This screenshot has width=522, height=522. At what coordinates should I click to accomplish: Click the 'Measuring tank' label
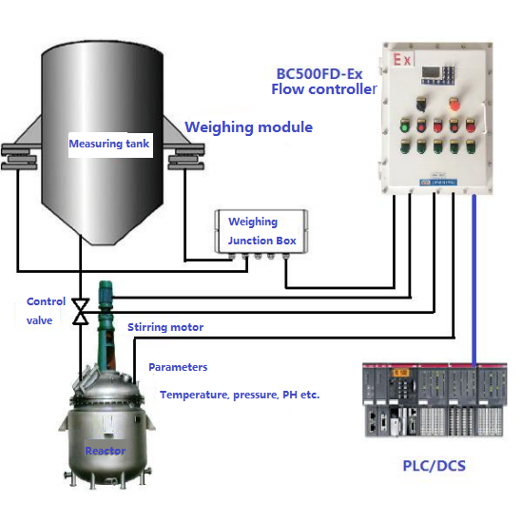click(x=108, y=144)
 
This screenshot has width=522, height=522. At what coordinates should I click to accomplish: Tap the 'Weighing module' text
click(x=249, y=127)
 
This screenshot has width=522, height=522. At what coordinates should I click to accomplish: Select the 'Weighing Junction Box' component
click(x=261, y=232)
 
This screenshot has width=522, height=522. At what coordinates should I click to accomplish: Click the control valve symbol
click(x=81, y=312)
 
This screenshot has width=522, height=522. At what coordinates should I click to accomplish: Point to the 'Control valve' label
click(x=46, y=311)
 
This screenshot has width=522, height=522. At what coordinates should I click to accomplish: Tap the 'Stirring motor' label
click(x=165, y=327)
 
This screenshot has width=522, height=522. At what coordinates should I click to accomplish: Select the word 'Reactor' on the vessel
click(x=106, y=451)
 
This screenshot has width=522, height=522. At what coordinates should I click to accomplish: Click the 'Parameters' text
click(x=178, y=367)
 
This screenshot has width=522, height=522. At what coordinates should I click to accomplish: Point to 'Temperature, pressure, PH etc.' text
click(x=240, y=395)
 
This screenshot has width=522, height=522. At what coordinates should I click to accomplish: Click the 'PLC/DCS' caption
click(x=435, y=466)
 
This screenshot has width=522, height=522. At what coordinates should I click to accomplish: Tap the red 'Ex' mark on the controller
click(x=402, y=60)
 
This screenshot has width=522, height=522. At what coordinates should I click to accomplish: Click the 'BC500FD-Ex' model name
click(x=319, y=74)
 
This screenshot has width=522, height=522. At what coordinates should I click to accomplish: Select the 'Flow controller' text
click(x=324, y=89)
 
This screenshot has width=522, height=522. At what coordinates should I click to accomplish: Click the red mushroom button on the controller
click(x=454, y=105)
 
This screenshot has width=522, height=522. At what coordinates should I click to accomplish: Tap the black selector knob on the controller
click(x=421, y=104)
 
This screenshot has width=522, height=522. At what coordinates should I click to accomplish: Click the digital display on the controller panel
click(x=432, y=72)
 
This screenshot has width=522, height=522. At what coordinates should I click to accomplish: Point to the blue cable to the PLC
click(x=474, y=280)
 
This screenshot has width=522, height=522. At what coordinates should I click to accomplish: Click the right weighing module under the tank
click(x=185, y=157)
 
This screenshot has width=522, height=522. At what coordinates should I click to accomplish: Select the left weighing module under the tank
click(x=20, y=157)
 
